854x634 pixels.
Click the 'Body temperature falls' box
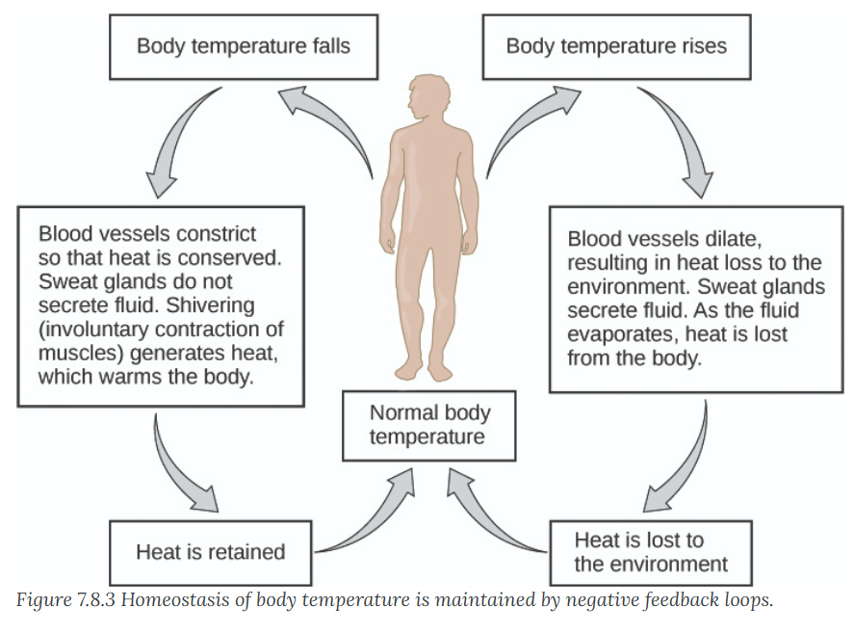click(244, 47)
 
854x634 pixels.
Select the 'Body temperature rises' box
click(616, 47)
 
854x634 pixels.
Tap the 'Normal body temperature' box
click(429, 425)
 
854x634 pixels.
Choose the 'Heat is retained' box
click(211, 552)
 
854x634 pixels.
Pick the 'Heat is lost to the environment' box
click(651, 552)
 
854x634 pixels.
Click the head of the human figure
click(429, 97)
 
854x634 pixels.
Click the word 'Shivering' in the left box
click(210, 305)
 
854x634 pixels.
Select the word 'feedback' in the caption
click(682, 600)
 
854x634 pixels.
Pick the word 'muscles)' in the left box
click(81, 354)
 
